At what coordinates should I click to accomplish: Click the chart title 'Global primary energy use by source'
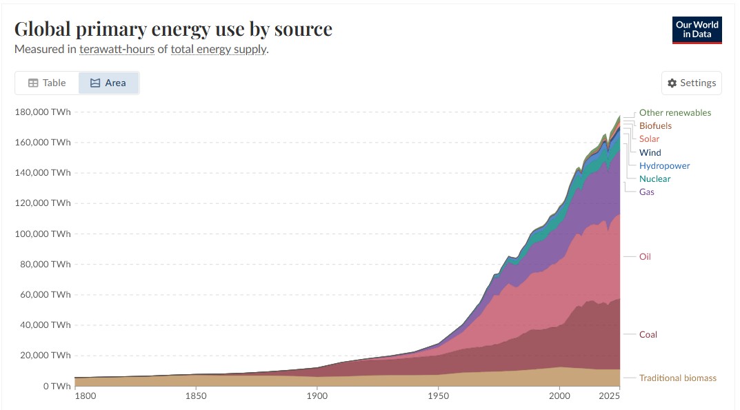pyautogui.click(x=173, y=29)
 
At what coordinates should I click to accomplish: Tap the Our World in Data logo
pyautogui.click(x=697, y=30)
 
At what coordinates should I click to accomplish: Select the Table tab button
pyautogui.click(x=47, y=83)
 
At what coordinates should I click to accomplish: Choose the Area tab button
pyautogui.click(x=108, y=83)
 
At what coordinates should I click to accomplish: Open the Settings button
pyautogui.click(x=692, y=83)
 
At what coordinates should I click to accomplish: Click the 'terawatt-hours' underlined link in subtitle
pyautogui.click(x=117, y=49)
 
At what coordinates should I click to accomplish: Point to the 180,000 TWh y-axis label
pyautogui.click(x=43, y=112)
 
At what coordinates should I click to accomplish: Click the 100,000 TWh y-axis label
pyautogui.click(x=43, y=234)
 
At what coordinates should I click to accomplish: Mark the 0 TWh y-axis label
pyautogui.click(x=57, y=386)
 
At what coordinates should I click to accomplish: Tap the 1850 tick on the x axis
pyautogui.click(x=196, y=396)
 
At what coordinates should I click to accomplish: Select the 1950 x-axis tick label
pyautogui.click(x=439, y=396)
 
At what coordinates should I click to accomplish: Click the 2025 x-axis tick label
pyautogui.click(x=609, y=396)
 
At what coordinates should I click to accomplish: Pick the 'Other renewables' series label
pyautogui.click(x=675, y=113)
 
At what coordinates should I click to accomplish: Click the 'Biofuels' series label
pyautogui.click(x=655, y=126)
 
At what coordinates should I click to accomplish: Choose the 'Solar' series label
pyautogui.click(x=649, y=139)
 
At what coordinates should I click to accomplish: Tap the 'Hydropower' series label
pyautogui.click(x=665, y=165)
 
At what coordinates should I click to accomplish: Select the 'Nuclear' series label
pyautogui.click(x=654, y=178)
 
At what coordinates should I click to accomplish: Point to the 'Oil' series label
pyautogui.click(x=645, y=256)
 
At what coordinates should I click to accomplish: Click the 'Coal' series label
pyautogui.click(x=648, y=334)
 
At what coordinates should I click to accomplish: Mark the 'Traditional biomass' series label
pyautogui.click(x=678, y=378)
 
